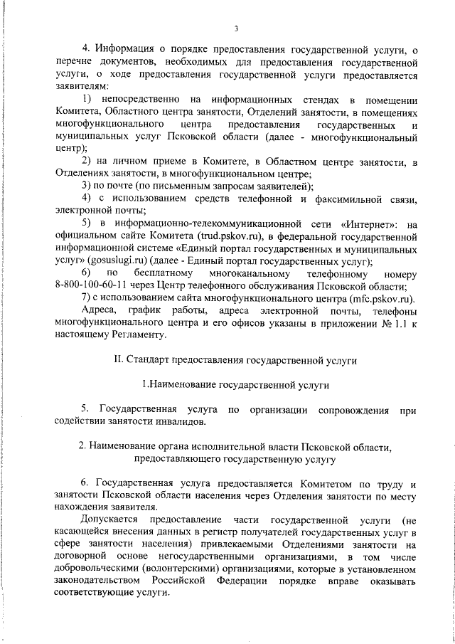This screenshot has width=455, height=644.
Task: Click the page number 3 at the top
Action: [x=235, y=28]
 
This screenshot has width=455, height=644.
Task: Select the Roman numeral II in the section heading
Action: [x=119, y=360]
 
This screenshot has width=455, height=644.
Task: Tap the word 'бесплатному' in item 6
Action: [x=163, y=274]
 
